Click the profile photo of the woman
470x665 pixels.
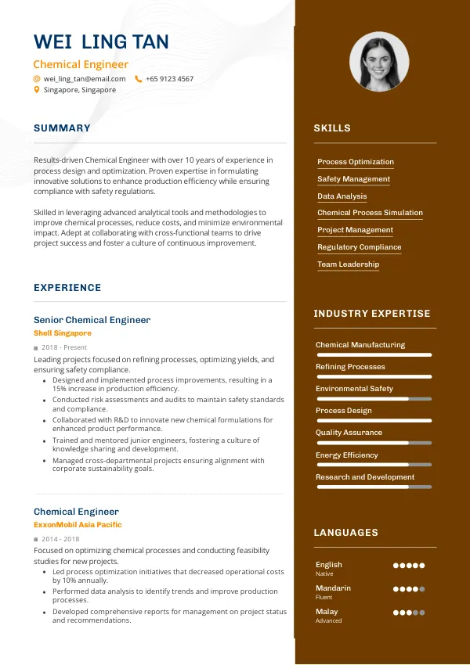pos(378,62)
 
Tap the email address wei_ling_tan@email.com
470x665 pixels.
pos(85,79)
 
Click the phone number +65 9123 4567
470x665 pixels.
pos(169,79)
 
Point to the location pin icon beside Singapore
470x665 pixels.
pos(36,90)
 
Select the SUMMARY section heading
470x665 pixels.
pos(62,128)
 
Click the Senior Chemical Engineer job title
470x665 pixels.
pos(92,320)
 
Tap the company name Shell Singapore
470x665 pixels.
pos(63,333)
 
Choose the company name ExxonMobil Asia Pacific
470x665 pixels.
pos(78,525)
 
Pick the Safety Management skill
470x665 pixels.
pos(353,179)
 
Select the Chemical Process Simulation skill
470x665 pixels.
pos(370,213)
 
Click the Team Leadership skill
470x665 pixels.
pos(348,264)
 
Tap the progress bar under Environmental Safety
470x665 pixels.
pos(374,398)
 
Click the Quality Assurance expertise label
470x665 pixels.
pos(349,433)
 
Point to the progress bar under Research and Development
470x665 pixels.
pos(374,487)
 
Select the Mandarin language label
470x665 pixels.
pos(333,588)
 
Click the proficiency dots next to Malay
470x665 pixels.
pos(409,613)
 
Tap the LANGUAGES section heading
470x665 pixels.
pos(345,533)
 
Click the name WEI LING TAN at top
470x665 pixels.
pos(101,42)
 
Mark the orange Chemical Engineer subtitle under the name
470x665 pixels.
pos(81,65)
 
